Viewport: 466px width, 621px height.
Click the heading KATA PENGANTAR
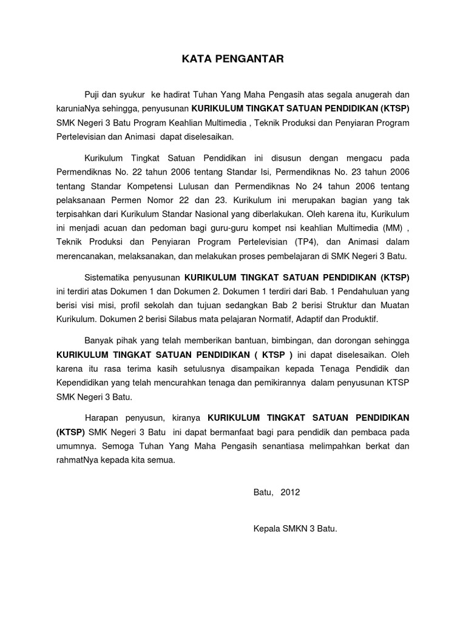(232, 59)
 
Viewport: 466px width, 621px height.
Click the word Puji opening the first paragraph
(93, 95)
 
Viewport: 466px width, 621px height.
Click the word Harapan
(101, 418)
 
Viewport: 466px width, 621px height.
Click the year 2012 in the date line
(290, 492)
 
